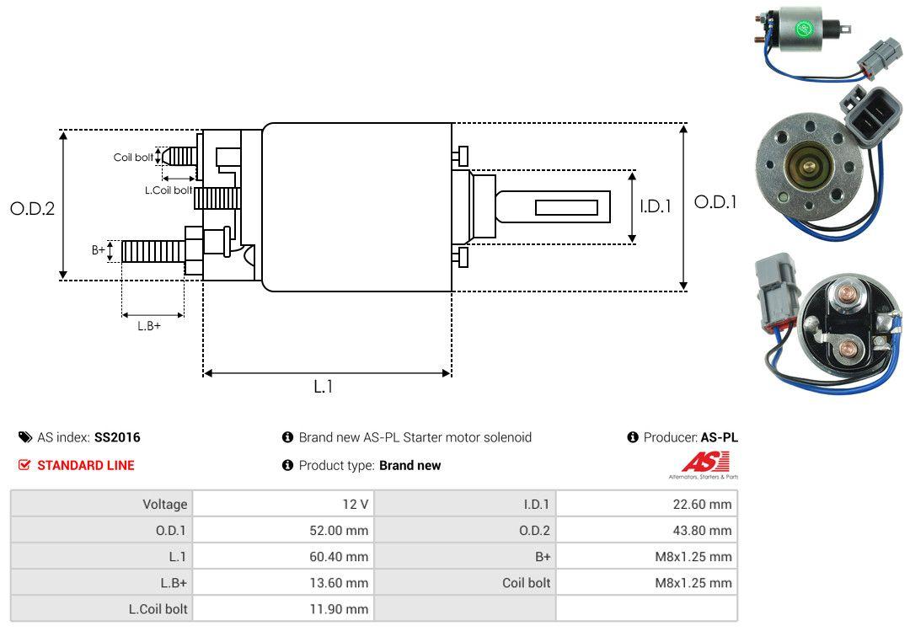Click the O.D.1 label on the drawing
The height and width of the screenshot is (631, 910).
(715, 202)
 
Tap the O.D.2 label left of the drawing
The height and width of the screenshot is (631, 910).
(33, 208)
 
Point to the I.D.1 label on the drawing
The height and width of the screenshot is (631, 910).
(656, 206)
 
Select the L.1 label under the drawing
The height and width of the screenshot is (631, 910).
(324, 387)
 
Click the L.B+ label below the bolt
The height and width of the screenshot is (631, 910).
(149, 326)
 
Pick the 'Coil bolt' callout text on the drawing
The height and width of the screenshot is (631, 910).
(133, 158)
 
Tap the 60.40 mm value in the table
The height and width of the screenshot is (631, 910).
(339, 557)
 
